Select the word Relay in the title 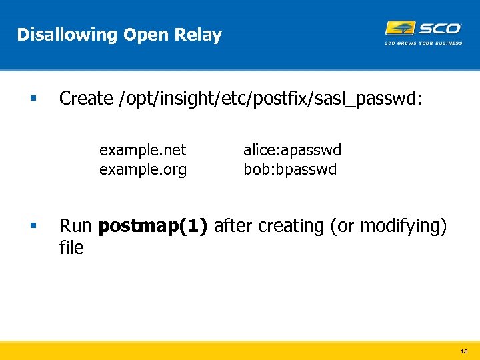pos(199,35)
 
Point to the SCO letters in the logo pos(439,28)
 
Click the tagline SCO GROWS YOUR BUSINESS pos(423,43)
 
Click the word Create pos(86,98)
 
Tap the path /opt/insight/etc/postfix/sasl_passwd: pos(269,99)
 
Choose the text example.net pos(143,150)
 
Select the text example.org pos(143,169)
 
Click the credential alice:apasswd pos(292,150)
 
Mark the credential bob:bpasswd pos(290,169)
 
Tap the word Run pos(76,226)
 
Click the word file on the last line pos(71,248)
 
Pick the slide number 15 pos(464,351)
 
